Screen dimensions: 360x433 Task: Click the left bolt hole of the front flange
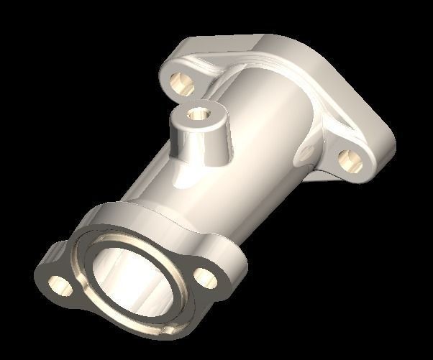[x=62, y=285]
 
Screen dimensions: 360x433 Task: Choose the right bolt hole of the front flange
[x=205, y=276]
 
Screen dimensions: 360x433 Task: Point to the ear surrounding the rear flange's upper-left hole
[x=173, y=72]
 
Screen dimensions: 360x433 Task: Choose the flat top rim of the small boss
[x=209, y=108]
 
